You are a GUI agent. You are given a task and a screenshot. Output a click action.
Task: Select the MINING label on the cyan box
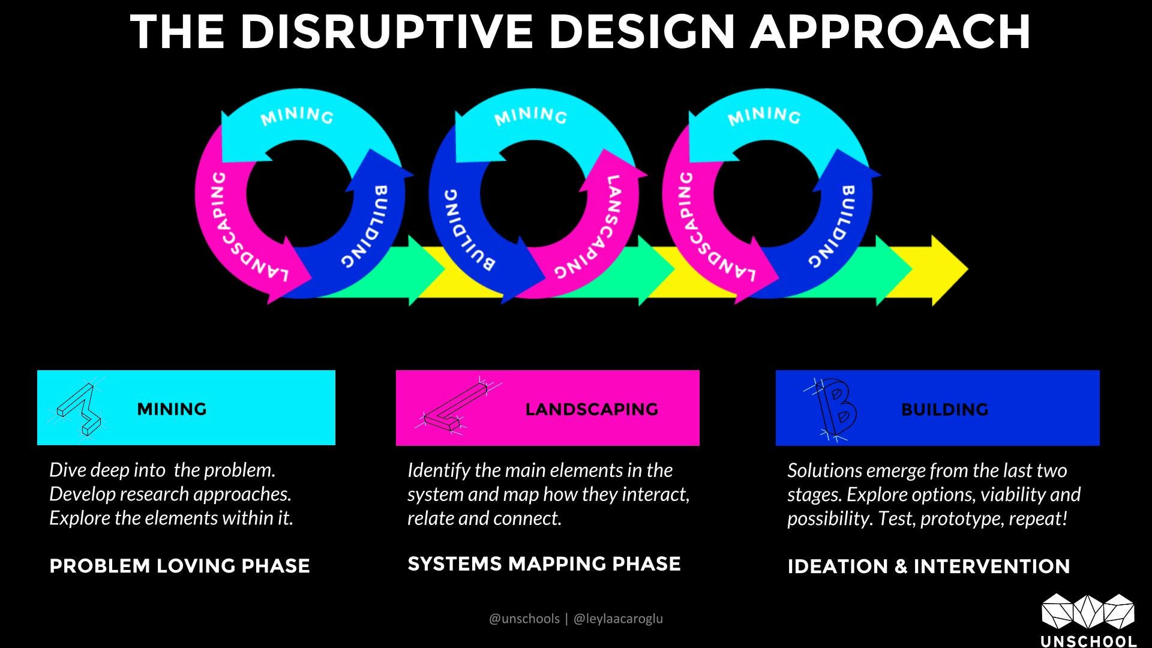(172, 409)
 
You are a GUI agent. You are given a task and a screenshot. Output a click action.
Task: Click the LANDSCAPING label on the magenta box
(592, 409)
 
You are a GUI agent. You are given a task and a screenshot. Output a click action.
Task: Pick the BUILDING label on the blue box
(944, 410)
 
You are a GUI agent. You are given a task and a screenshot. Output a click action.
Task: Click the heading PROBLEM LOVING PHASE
(179, 566)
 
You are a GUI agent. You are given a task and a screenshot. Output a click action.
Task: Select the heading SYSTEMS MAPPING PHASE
(544, 564)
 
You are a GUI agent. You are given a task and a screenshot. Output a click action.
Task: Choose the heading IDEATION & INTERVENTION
(929, 566)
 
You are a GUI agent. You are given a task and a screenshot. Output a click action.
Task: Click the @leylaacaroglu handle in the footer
(618, 619)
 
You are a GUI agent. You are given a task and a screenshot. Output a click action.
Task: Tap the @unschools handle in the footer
(524, 619)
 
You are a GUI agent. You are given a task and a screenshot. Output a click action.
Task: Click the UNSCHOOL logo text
(1088, 640)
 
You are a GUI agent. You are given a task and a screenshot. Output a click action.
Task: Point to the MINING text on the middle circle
(531, 116)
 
